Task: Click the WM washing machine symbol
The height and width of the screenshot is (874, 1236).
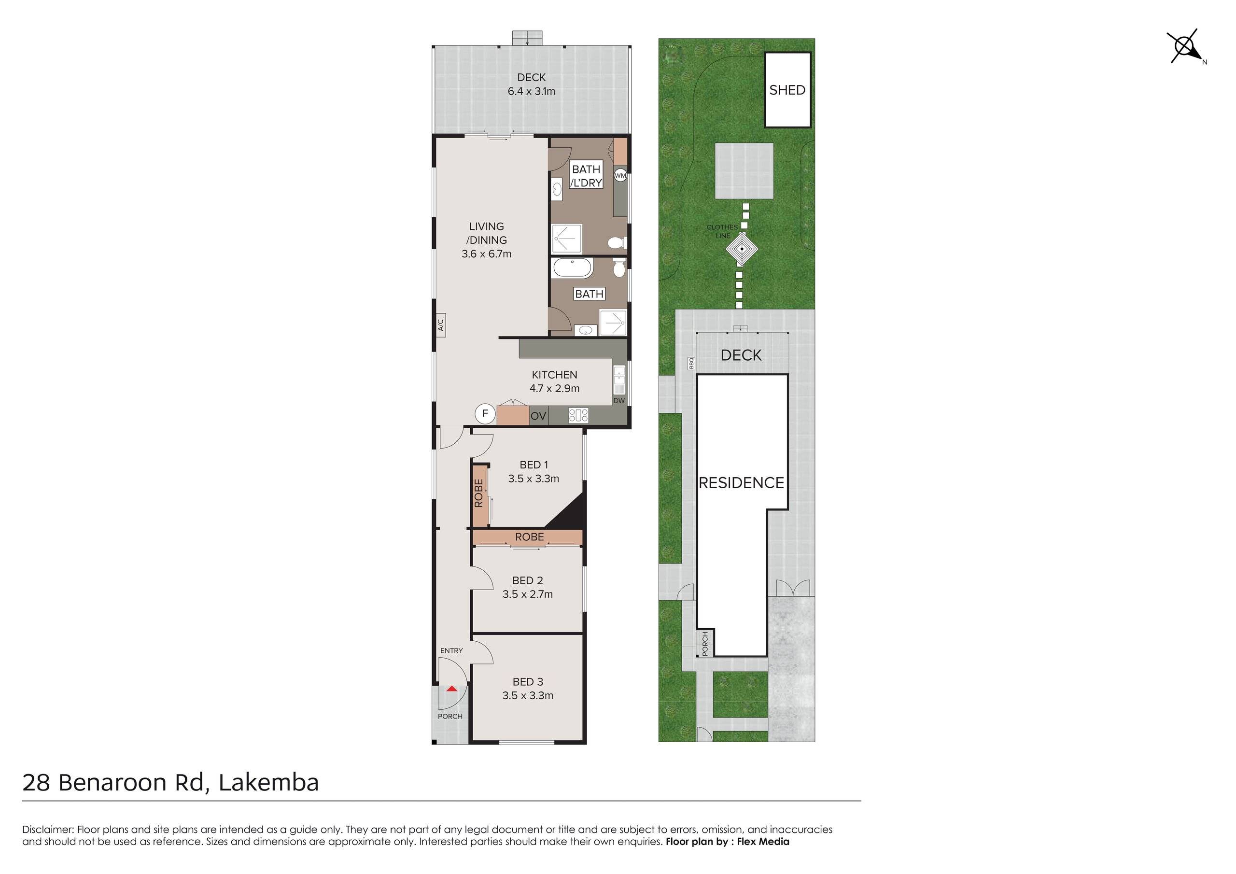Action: click(620, 176)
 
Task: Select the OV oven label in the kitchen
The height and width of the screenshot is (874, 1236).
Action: click(538, 416)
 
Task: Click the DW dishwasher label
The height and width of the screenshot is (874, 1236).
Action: click(619, 401)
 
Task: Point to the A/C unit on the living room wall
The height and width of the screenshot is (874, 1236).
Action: click(440, 325)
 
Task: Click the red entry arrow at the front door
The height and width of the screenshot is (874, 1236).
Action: click(451, 688)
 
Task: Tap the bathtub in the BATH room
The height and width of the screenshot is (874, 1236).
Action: click(573, 268)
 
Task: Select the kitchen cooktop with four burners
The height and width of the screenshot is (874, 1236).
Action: click(579, 415)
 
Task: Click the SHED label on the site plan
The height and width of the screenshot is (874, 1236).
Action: click(787, 90)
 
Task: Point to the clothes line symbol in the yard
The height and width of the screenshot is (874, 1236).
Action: click(741, 249)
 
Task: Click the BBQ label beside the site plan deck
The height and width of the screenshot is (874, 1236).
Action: click(691, 364)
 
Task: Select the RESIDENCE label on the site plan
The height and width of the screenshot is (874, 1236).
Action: click(741, 482)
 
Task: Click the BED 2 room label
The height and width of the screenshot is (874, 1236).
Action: click(528, 580)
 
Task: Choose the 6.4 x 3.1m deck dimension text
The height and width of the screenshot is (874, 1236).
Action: click(531, 91)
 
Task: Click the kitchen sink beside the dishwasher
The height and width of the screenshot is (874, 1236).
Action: click(619, 380)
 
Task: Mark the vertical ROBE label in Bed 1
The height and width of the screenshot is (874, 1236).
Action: click(478, 493)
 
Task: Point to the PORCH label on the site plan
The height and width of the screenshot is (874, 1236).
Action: click(705, 644)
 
